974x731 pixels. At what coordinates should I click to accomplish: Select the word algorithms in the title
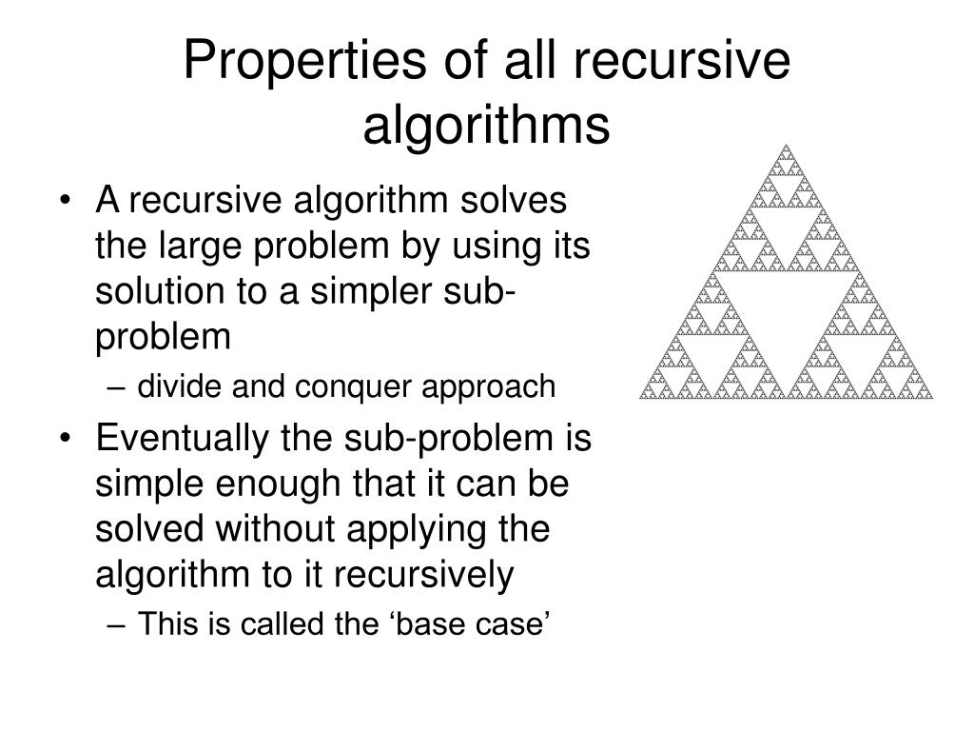click(486, 125)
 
